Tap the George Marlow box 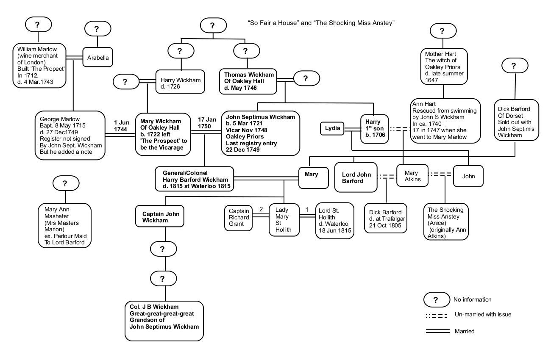click(70, 135)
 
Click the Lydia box click(333, 128)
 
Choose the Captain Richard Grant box click(239, 217)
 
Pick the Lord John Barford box click(356, 177)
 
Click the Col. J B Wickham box click(164, 321)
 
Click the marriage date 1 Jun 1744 click(121, 126)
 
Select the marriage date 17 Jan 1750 click(204, 123)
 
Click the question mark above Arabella click(98, 29)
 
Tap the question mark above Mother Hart click(442, 30)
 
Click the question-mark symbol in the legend click(436, 299)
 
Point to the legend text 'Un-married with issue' click(482, 314)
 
